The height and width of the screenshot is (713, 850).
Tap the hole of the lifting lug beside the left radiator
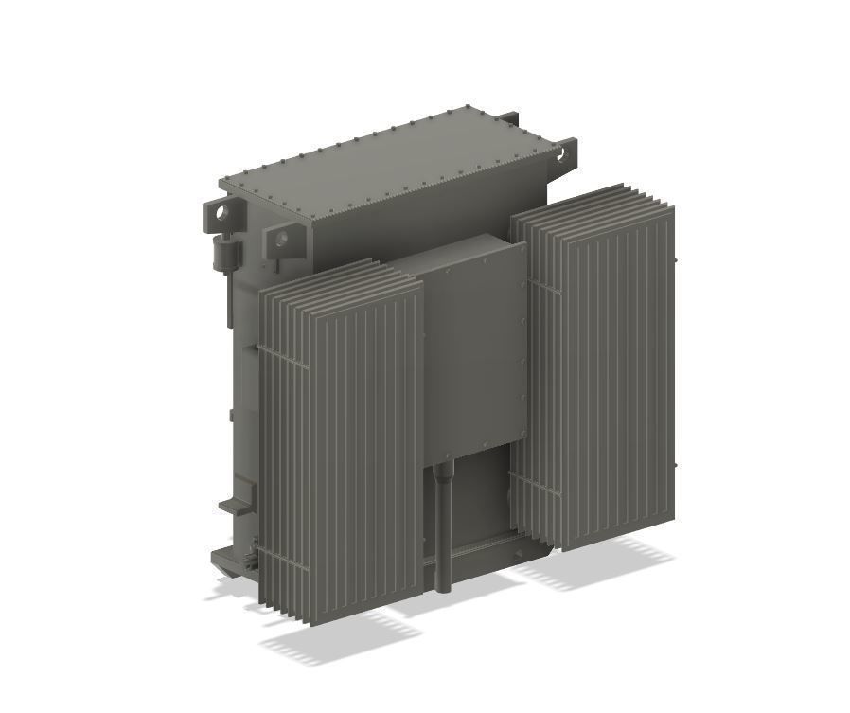coord(283,239)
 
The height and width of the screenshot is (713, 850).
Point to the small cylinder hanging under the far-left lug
coord(226,253)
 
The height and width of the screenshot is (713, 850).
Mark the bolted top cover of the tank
coord(379,170)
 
